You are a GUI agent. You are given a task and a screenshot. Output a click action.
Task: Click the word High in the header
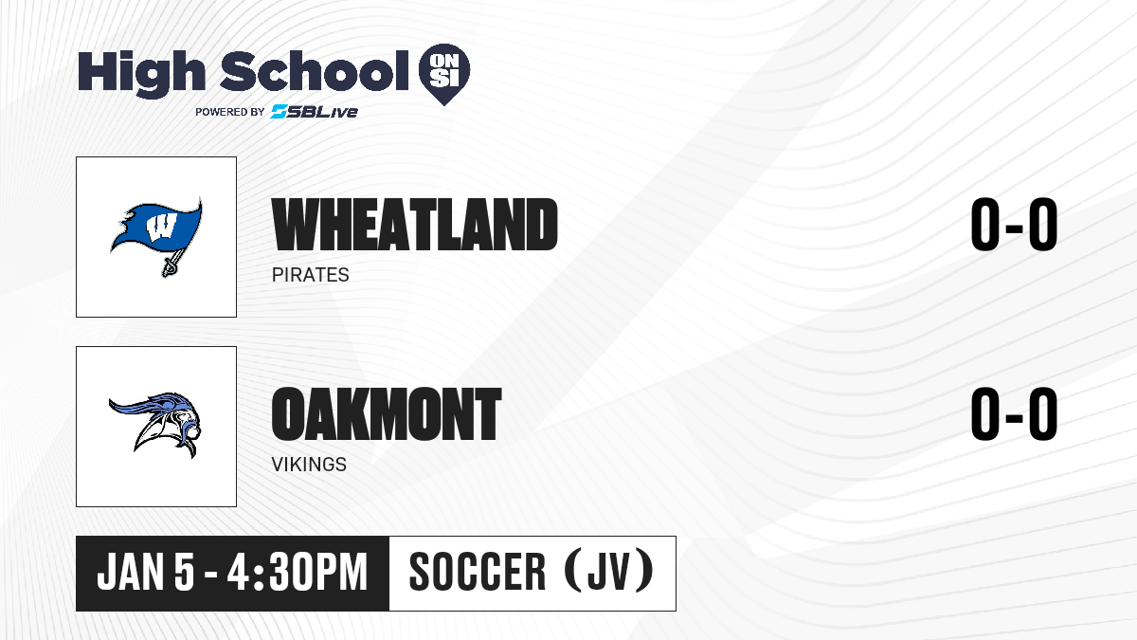[x=141, y=73]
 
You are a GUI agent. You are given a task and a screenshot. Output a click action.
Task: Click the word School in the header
[x=315, y=71]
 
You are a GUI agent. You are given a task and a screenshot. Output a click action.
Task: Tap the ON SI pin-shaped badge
[x=444, y=74]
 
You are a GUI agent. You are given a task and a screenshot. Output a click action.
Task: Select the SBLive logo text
[x=314, y=112]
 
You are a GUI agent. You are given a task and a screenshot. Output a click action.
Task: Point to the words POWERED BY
[x=230, y=112]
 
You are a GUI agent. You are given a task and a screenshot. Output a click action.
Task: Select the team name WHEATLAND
[x=415, y=225]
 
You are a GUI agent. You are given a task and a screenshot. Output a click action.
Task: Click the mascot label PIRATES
[x=310, y=275]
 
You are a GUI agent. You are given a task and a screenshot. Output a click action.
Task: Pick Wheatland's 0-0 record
[x=1014, y=225]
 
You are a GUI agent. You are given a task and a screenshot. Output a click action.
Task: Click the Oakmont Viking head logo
[x=154, y=424]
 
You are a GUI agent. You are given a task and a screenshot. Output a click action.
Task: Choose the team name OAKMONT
[x=387, y=414]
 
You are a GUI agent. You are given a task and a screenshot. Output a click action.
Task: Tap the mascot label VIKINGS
[x=309, y=465]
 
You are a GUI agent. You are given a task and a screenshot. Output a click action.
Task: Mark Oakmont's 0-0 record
[x=1014, y=414]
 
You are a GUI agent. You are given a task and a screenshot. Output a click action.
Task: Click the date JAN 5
[x=146, y=573]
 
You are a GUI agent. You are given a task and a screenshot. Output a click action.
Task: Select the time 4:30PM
[x=297, y=573]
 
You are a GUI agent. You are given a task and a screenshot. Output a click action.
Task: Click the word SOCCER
[x=478, y=573]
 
